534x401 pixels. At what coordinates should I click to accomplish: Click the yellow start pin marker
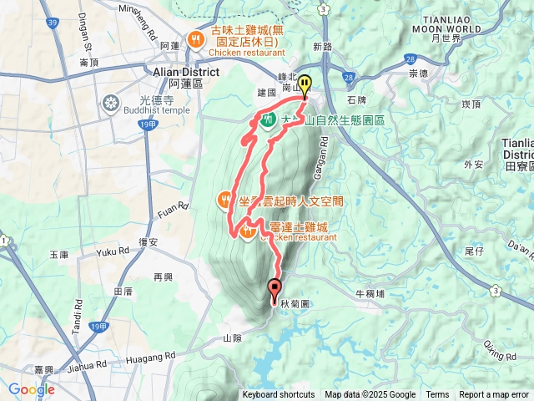pos(305,86)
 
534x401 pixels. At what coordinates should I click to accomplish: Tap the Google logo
pos(32,389)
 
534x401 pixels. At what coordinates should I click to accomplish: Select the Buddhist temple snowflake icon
pos(109,104)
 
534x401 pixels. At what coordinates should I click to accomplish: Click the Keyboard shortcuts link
pos(279,395)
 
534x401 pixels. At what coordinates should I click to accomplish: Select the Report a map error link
pos(495,395)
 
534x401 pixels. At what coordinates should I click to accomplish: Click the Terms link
pos(437,395)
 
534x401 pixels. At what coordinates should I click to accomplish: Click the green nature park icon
pos(269,121)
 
